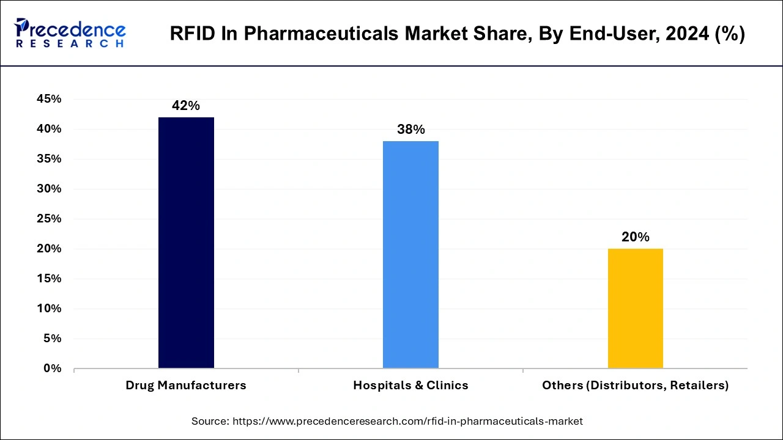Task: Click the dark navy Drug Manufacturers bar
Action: [x=186, y=243]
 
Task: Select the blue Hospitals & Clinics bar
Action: [x=410, y=255]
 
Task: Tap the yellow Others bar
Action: [x=635, y=309]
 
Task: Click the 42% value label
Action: [x=186, y=106]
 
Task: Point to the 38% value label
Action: [x=410, y=130]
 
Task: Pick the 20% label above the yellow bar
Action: [x=635, y=237]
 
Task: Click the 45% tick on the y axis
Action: [x=48, y=99]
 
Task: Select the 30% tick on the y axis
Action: [x=48, y=189]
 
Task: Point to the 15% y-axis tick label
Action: [x=48, y=279]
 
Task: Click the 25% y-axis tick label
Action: [x=48, y=219]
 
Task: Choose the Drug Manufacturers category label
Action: [x=186, y=386]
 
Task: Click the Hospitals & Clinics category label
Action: [x=410, y=386]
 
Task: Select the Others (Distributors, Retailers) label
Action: [x=635, y=386]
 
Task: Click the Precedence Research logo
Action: [x=70, y=33]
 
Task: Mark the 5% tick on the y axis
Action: [x=51, y=339]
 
